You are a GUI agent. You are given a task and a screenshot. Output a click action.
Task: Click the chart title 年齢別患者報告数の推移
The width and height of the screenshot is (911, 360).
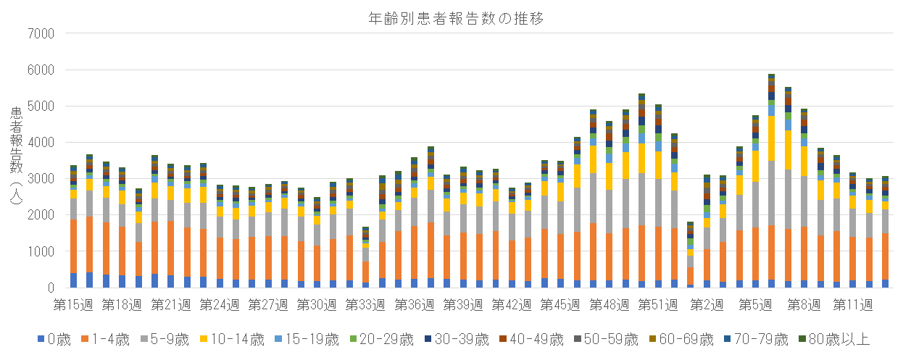[455, 18]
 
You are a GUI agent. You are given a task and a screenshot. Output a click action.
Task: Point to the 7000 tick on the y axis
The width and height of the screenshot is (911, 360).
[40, 33]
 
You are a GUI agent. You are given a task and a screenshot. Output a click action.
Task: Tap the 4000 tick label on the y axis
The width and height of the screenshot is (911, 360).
[40, 143]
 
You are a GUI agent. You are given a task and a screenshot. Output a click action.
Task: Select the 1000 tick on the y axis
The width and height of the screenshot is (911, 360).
[40, 251]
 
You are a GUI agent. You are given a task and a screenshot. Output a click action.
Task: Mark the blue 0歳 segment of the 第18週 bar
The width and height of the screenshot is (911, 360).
[122, 281]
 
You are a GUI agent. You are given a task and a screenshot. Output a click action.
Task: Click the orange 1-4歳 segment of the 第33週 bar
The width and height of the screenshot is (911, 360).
[366, 272]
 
